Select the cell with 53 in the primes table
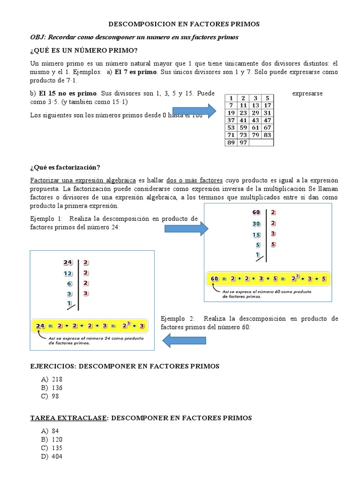pos(231,127)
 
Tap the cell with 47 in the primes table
pos(267,120)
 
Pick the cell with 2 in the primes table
pos(243,98)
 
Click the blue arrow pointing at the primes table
pos(204,112)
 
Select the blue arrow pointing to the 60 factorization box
pos(186,228)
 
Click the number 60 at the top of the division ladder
pos(255,213)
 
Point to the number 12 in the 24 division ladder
pos(68,273)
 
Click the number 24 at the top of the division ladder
pos(68,262)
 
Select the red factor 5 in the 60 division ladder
pos(273,244)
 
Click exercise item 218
pos(57,379)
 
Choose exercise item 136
pos(57,388)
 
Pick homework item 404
pos(57,456)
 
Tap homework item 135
pos(57,448)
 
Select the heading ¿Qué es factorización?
pos(65,168)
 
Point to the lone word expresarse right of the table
pos(307,94)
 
